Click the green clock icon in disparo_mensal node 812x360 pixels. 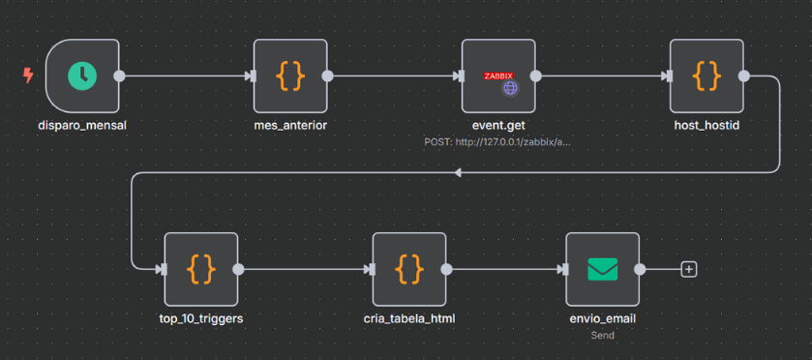click(82, 75)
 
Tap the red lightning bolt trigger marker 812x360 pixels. click(28, 75)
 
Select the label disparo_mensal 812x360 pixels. click(82, 125)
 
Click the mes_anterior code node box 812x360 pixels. click(290, 75)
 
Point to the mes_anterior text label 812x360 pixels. click(290, 125)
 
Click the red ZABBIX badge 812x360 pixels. click(498, 75)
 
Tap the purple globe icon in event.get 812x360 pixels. click(510, 88)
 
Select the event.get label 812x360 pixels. click(498, 125)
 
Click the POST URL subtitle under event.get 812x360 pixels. click(498, 141)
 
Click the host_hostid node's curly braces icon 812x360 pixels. click(707, 75)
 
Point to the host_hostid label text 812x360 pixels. click(707, 125)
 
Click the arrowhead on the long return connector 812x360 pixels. click(458, 172)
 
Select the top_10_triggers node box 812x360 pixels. click(201, 269)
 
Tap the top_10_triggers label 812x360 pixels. click(201, 318)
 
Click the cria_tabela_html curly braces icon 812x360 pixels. click(409, 269)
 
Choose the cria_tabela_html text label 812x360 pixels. click(409, 318)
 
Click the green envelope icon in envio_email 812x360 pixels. click(603, 269)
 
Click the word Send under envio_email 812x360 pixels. click(603, 335)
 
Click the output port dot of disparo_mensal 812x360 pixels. click(119, 75)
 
